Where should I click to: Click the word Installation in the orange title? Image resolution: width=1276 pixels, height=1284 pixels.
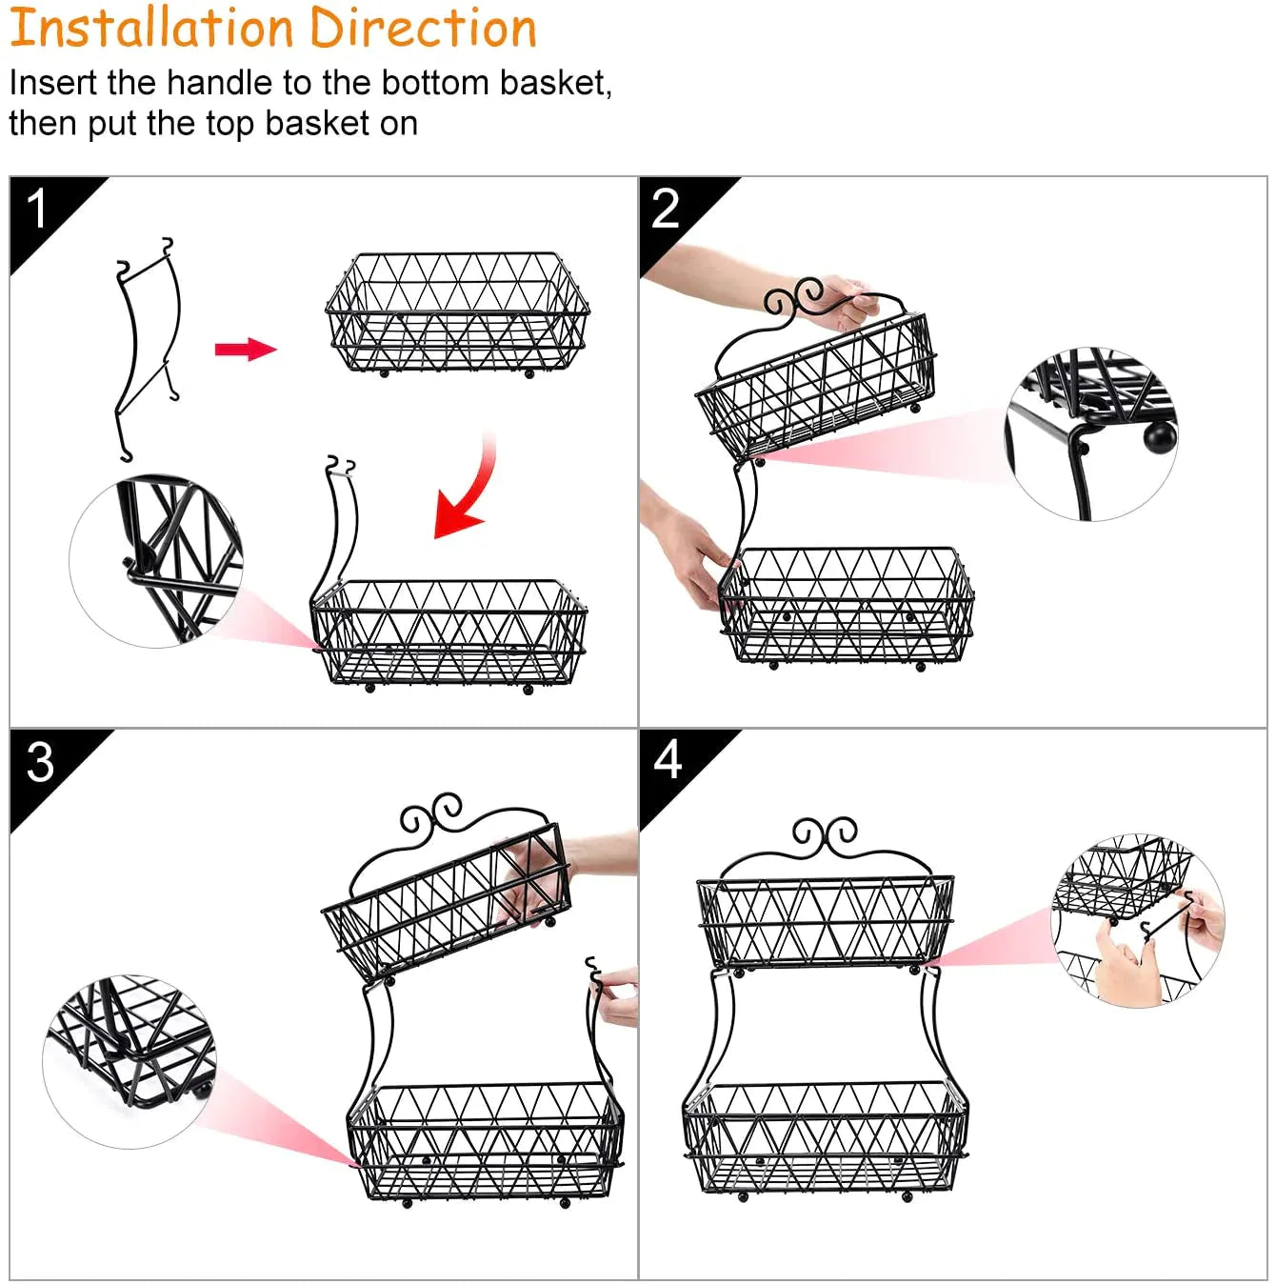(152, 28)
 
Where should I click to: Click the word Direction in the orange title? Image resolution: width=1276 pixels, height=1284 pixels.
(424, 28)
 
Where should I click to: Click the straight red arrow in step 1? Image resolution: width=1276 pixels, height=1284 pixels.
(246, 350)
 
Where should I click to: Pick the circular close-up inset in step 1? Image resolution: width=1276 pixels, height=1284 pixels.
(156, 561)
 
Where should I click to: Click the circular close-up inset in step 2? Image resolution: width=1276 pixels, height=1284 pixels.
(1090, 433)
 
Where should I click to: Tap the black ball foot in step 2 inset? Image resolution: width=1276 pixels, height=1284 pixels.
(1160, 436)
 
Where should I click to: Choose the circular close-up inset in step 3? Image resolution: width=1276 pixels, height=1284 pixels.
(130, 1062)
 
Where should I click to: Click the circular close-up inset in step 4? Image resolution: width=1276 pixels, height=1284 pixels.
(1137, 920)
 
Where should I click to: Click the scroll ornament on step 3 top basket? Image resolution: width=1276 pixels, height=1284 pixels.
(430, 812)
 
